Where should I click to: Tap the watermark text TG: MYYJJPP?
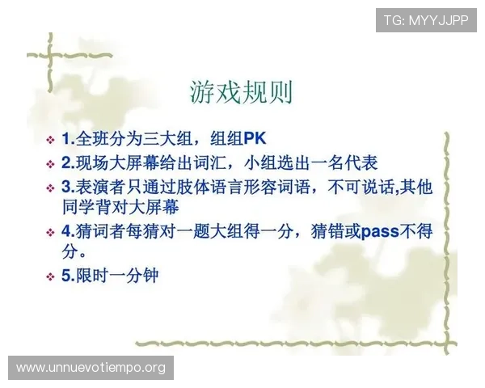pos(426,19)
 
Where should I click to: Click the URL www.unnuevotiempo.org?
pos(91,368)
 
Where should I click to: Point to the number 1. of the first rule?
pos(68,139)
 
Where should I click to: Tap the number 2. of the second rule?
pos(68,162)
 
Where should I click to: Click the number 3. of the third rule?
pos(68,186)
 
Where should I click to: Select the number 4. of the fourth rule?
pos(68,232)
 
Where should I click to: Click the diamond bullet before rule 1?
pos(51,140)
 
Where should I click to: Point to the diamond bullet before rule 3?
pos(51,187)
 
